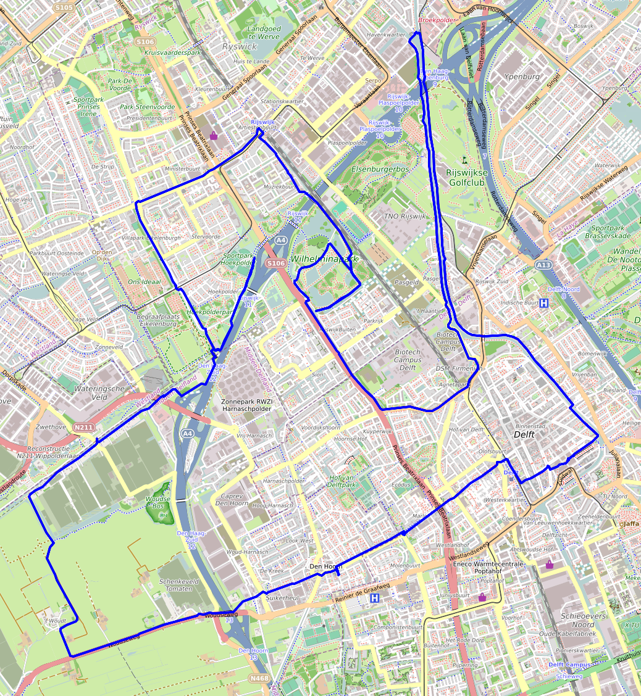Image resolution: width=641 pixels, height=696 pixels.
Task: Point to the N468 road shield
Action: [259, 679]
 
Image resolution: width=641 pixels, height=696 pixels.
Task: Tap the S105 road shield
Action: [64, 7]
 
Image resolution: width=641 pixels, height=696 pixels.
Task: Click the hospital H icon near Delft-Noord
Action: [544, 303]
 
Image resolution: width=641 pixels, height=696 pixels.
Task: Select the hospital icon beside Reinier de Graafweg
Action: [374, 598]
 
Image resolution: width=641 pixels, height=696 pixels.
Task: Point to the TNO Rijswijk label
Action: [401, 216]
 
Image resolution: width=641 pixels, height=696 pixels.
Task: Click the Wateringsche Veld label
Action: [99, 393]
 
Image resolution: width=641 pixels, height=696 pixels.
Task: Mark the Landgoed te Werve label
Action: [264, 33]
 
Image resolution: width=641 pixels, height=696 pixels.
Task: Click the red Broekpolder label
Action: [437, 20]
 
